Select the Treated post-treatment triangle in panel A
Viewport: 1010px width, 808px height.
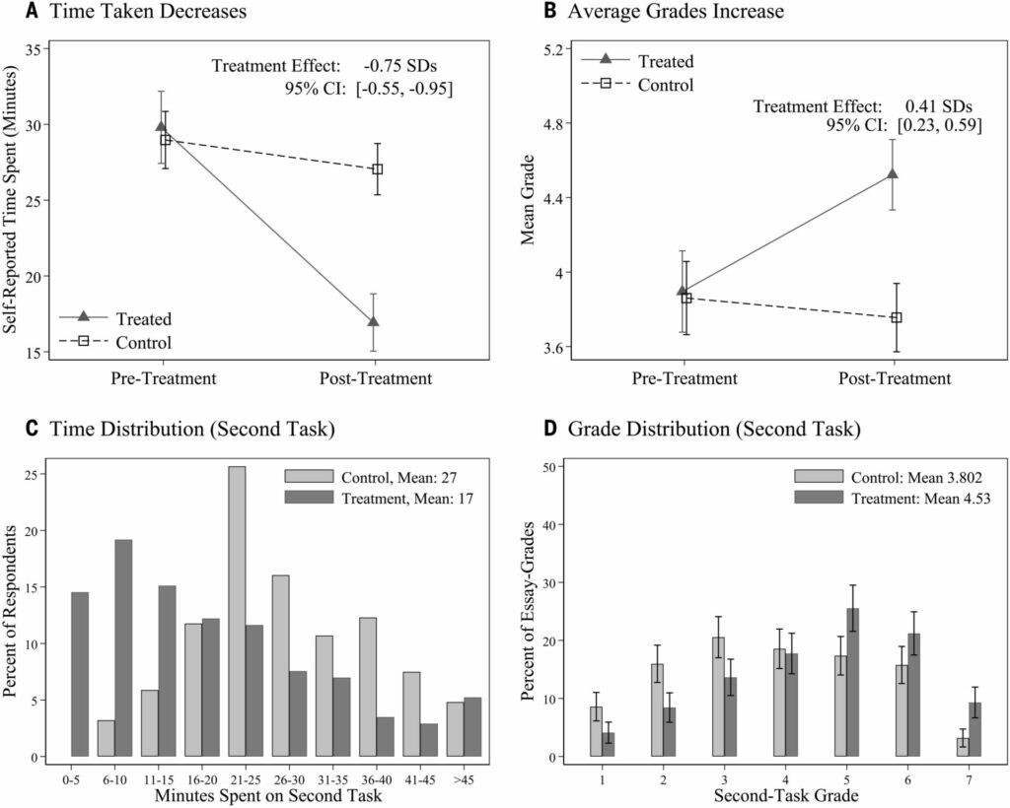[373, 322]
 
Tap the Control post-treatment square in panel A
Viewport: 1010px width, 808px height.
[377, 169]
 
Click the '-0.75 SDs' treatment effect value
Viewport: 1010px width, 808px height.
[398, 67]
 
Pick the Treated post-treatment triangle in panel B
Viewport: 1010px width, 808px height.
[893, 174]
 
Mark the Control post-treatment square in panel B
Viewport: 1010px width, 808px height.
[897, 317]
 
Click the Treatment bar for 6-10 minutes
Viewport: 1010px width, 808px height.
[122, 647]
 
